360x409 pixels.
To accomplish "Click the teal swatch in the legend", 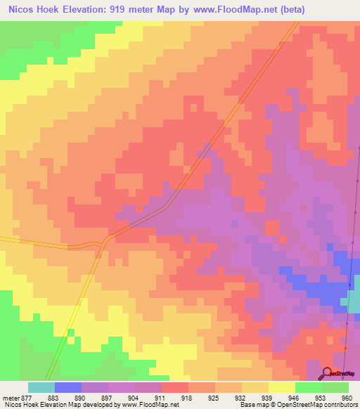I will pos(41,387).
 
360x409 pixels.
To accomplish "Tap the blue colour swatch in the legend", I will pos(68,387).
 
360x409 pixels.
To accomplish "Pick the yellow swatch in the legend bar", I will pos(282,387).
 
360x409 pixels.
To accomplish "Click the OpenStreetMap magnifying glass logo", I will pos(327,373).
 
